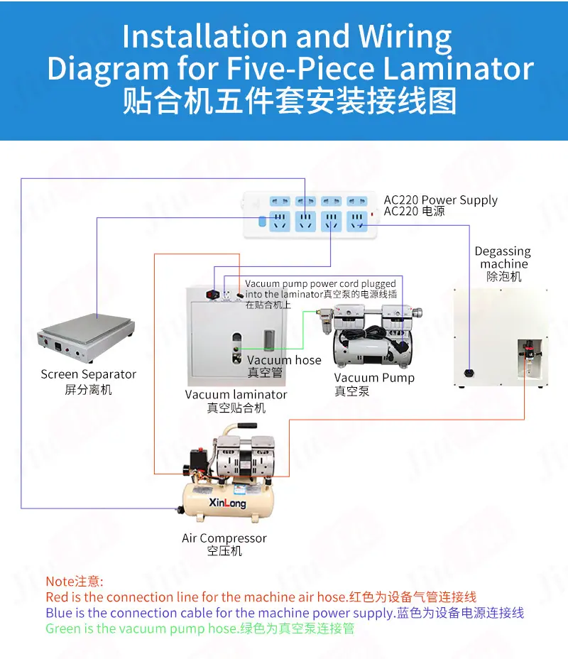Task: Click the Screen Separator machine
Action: [86, 337]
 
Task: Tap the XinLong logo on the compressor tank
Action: [227, 502]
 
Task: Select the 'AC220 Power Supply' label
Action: [440, 200]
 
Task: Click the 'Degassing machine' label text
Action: [503, 258]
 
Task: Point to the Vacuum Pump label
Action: [374, 377]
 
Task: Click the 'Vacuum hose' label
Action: [284, 360]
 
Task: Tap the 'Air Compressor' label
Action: [224, 538]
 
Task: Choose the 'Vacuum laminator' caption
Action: [236, 395]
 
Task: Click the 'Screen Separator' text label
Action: [88, 374]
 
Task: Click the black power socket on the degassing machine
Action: [469, 372]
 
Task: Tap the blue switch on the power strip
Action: [262, 221]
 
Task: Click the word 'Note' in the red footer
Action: [60, 582]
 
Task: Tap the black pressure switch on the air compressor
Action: [198, 457]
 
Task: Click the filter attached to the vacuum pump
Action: [324, 321]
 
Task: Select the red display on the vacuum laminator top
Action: [213, 295]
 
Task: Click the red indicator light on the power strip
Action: [372, 214]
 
